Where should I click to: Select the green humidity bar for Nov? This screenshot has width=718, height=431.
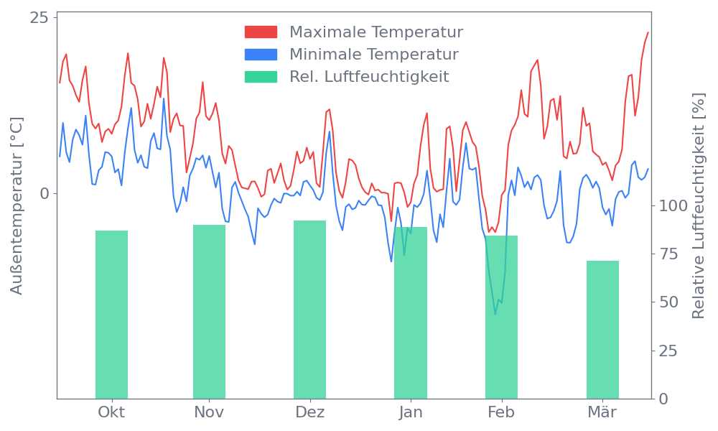click(209, 312)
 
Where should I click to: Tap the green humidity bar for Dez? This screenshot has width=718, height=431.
click(309, 310)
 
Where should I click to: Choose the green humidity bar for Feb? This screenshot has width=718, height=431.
click(501, 317)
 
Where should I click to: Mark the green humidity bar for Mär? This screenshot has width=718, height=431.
click(602, 330)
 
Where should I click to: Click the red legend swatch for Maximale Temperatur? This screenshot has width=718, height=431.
click(261, 32)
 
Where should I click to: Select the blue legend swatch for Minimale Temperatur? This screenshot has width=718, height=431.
click(261, 55)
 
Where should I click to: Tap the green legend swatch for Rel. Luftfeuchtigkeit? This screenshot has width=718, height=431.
click(261, 77)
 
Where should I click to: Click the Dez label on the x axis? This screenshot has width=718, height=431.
click(309, 412)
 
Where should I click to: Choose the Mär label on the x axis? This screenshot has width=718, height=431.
click(602, 412)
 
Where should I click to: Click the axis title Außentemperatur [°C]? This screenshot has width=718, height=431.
click(17, 206)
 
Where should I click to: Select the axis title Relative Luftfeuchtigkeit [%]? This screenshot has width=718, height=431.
click(698, 206)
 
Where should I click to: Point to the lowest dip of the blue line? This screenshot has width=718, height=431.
click(495, 313)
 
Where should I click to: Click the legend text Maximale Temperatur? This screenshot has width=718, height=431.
click(376, 32)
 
